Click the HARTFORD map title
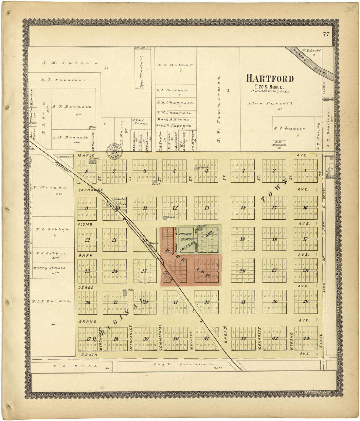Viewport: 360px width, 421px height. click(x=270, y=79)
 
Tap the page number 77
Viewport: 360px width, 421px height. click(x=326, y=34)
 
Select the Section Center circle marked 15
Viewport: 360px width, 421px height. click(x=114, y=151)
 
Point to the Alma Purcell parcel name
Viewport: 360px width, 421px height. click(x=270, y=103)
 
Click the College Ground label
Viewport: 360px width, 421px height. click(x=185, y=237)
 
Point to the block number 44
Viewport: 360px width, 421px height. click(x=306, y=338)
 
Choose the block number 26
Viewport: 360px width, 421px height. click(x=242, y=271)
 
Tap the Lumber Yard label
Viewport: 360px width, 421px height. click(x=118, y=201)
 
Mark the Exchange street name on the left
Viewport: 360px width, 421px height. click(x=91, y=190)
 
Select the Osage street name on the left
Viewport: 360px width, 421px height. click(x=86, y=287)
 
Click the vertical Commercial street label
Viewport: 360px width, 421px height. click(x=160, y=337)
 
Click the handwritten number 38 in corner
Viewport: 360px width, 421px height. click(x=350, y=9)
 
